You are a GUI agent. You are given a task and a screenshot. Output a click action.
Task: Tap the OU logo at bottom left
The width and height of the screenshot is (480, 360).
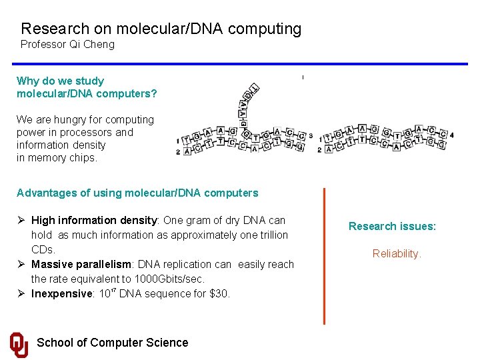tap(19, 344)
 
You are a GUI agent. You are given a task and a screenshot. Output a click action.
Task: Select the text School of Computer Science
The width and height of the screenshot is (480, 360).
tap(112, 343)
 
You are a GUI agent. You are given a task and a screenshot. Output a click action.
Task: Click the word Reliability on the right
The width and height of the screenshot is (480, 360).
tap(397, 254)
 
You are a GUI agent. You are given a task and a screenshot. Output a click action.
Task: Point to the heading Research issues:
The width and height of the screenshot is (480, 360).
tap(392, 227)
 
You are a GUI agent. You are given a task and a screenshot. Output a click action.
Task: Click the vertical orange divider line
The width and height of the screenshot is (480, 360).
tap(324, 257)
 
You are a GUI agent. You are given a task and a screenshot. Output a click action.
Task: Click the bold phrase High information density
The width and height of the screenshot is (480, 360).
tap(93, 220)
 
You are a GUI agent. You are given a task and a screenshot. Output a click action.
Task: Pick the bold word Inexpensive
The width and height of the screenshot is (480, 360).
tap(61, 293)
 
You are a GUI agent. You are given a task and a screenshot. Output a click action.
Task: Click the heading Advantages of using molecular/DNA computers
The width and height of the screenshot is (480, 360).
tap(137, 193)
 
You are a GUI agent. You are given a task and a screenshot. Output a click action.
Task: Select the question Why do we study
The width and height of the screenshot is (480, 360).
tap(60, 81)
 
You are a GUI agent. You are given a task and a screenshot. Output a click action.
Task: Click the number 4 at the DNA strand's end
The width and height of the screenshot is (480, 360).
tap(452, 135)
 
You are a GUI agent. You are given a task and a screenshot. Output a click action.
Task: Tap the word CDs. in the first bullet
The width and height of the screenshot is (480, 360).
tap(43, 249)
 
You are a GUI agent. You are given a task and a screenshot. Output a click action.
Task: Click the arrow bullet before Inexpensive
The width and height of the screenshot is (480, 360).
tap(21, 293)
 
